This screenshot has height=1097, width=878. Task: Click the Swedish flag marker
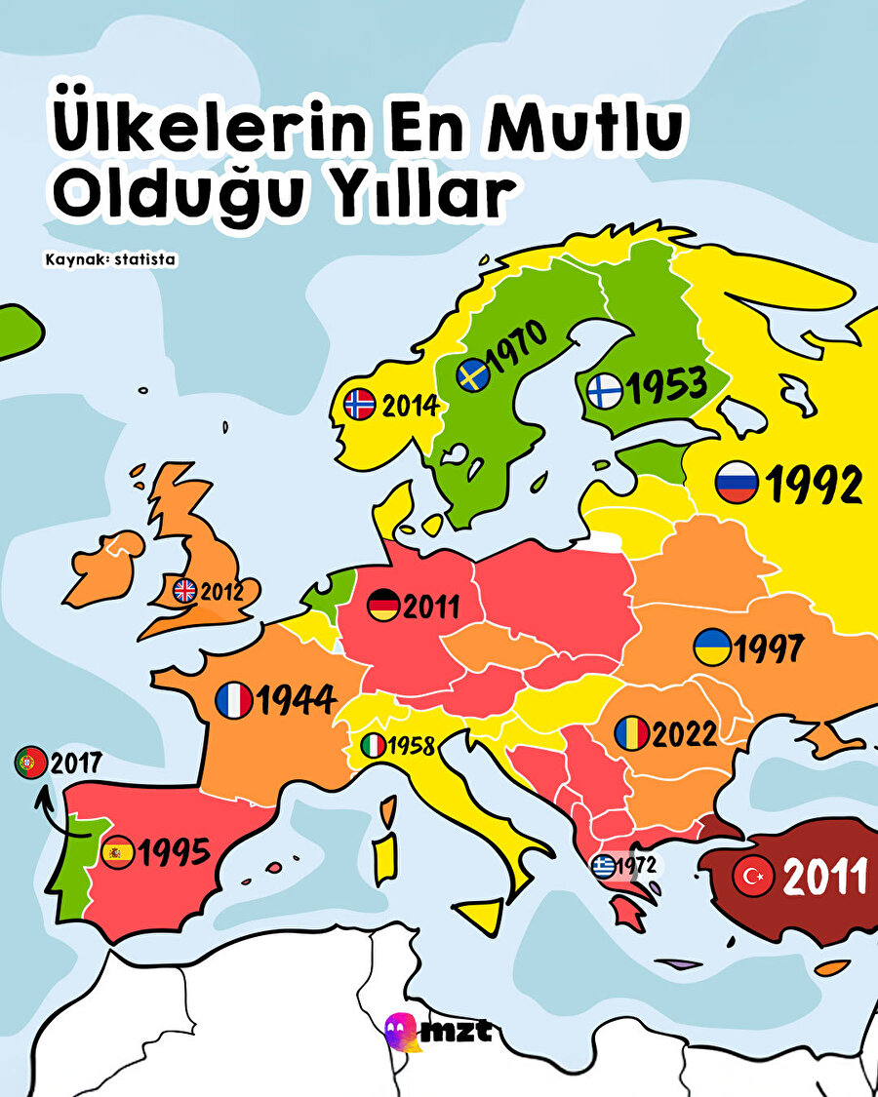pos(474,374)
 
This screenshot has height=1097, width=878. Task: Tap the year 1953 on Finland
pos(665,386)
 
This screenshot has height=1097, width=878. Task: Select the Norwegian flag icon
pos(360,404)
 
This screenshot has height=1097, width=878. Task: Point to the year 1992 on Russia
pos(816,485)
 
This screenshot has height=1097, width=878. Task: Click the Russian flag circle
pos(736,483)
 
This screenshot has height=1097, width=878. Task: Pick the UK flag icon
pos(184,590)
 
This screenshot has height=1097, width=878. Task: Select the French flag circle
pos(234,700)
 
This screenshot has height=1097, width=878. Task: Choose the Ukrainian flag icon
pos(711,647)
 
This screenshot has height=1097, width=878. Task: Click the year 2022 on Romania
pos(684,733)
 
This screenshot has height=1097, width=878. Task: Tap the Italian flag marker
pos(374,747)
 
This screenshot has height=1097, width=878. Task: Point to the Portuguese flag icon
pos(30,762)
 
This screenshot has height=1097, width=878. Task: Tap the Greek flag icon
pos(604,864)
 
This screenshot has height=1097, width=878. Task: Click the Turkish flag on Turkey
pos(753,877)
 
